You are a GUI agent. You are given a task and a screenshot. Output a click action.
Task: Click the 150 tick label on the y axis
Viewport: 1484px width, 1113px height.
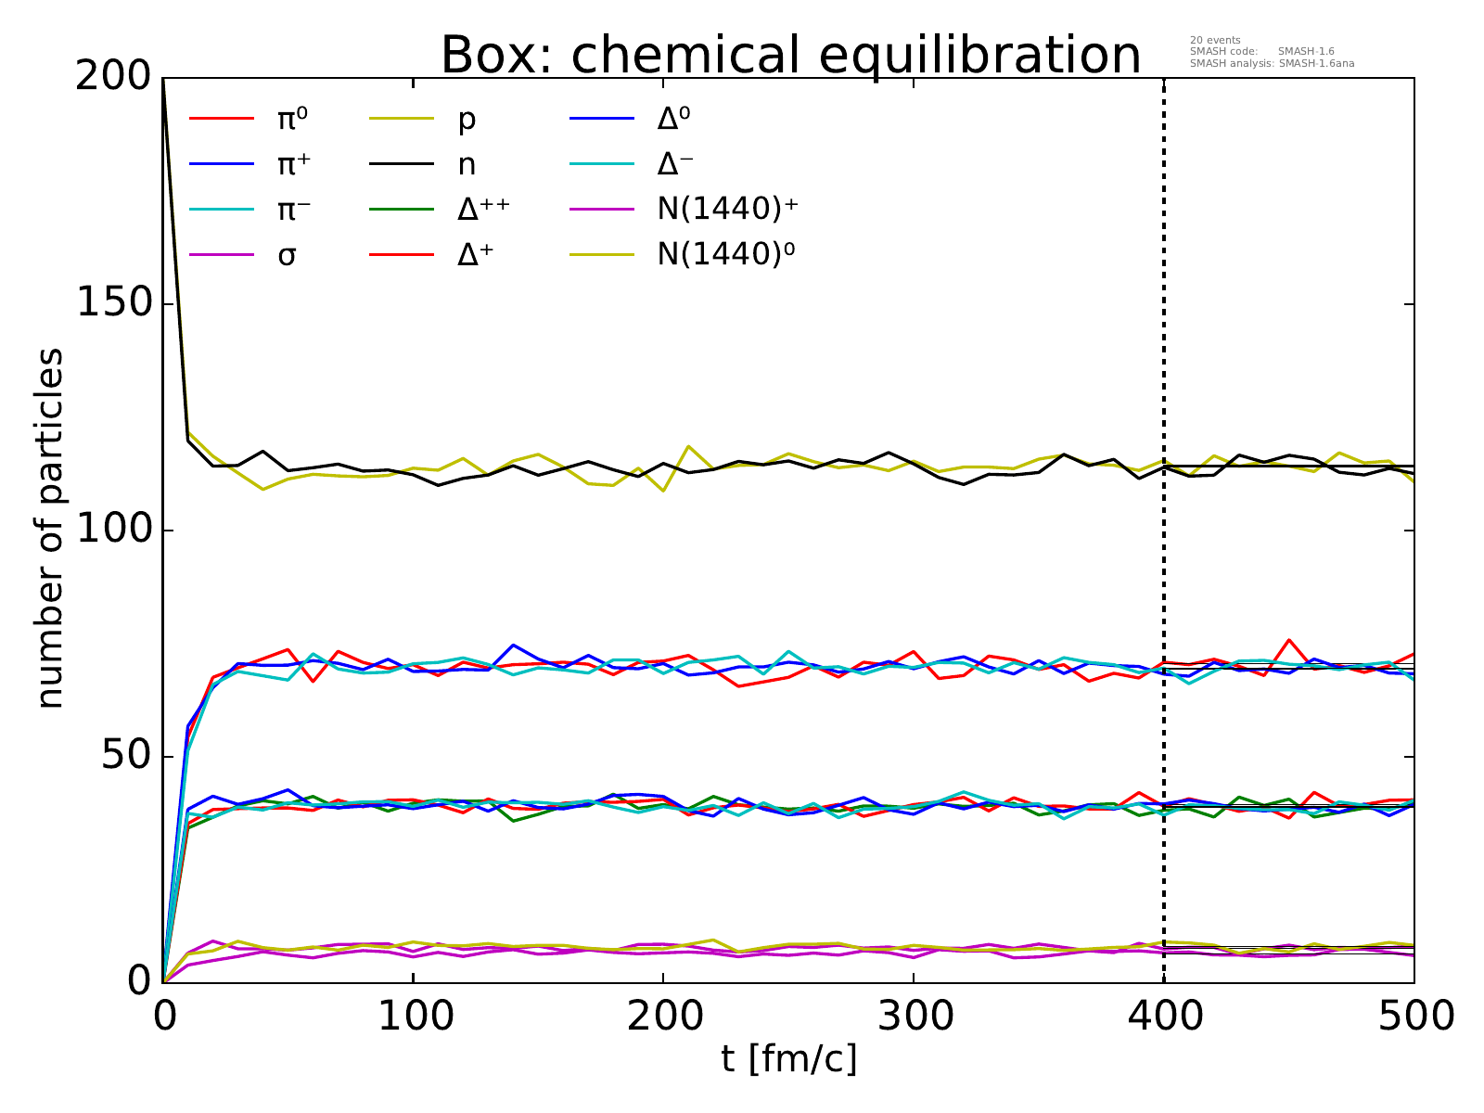[113, 304]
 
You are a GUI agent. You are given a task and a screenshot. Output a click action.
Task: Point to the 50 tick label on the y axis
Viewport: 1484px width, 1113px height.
[126, 757]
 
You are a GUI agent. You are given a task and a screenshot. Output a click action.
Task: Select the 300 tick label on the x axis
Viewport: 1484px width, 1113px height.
[914, 1017]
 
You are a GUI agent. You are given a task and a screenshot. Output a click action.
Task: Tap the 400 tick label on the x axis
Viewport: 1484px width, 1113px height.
[1164, 1017]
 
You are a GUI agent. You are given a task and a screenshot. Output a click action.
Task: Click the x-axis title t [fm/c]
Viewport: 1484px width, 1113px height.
[788, 1057]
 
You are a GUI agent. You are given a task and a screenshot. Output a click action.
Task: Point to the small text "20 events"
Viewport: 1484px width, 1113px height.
[1214, 40]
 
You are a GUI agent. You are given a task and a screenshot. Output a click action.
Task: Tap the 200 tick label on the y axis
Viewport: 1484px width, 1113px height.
[113, 78]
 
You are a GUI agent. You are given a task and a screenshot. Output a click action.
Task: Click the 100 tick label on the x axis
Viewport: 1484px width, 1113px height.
[413, 1017]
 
